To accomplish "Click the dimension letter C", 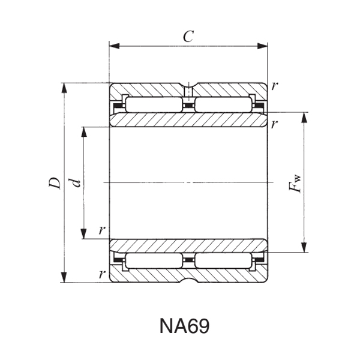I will click(x=188, y=36).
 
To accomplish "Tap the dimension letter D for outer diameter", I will click(x=55, y=183).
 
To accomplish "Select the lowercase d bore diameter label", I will click(x=76, y=182).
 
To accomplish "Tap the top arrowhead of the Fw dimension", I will click(x=305, y=116).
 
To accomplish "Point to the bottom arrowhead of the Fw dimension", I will click(x=305, y=248).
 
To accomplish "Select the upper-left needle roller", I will click(x=152, y=106).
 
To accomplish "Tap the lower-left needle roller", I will click(x=152, y=260).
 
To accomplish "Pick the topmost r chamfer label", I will click(x=274, y=85).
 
